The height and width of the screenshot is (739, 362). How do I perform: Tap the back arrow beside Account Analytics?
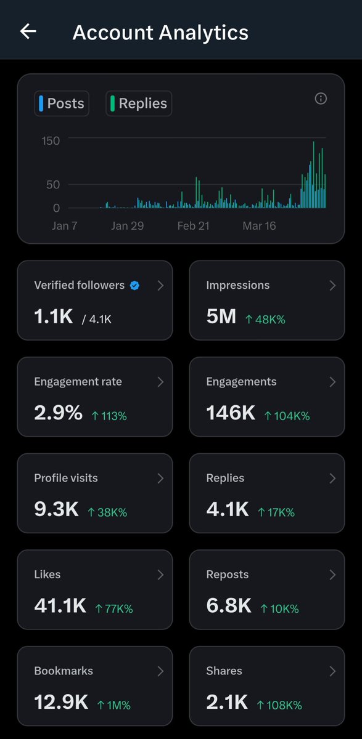tap(28, 31)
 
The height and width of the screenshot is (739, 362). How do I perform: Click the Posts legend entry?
tap(62, 103)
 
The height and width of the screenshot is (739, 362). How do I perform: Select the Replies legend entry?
tap(139, 103)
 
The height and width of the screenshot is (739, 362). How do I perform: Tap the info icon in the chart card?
tap(321, 99)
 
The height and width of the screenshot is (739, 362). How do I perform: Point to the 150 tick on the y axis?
tap(51, 140)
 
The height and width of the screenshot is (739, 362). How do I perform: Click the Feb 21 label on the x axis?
tap(193, 226)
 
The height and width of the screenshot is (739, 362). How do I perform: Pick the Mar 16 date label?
tap(259, 226)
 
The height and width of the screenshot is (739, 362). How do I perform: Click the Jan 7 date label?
tap(65, 226)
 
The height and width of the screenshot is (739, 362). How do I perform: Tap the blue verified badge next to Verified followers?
tap(134, 285)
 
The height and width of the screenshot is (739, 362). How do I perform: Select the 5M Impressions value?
tap(221, 317)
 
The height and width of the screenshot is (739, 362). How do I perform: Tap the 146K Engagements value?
tap(231, 413)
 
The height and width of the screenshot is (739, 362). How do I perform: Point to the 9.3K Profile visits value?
tap(56, 509)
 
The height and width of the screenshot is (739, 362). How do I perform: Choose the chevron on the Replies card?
tap(332, 478)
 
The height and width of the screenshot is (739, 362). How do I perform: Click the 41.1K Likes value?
tap(60, 606)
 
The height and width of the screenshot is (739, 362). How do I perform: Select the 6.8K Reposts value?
tap(229, 606)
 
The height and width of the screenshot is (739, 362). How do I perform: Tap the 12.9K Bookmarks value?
tap(61, 702)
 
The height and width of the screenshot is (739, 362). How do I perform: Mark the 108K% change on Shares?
tap(280, 705)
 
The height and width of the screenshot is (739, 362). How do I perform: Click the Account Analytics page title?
tap(160, 32)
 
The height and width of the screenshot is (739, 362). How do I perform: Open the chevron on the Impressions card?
tap(332, 285)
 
